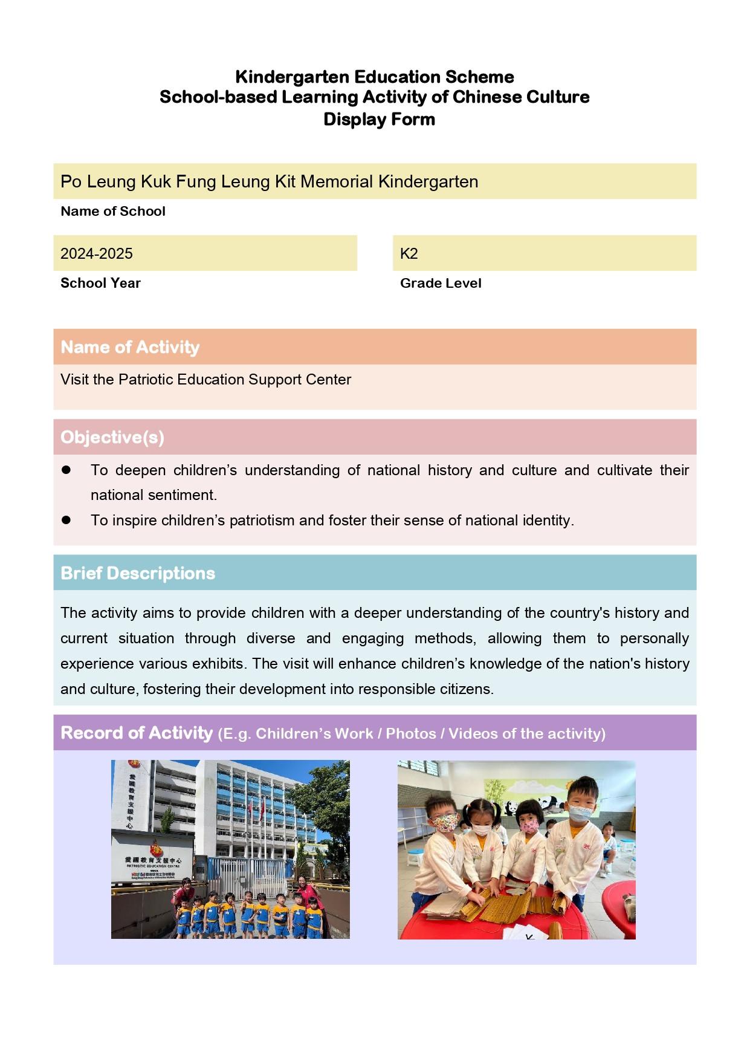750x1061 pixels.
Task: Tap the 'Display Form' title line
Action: pos(379,119)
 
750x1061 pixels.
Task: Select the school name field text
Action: pos(269,181)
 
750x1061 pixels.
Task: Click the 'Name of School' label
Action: pos(113,211)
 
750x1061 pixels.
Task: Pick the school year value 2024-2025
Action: pos(97,253)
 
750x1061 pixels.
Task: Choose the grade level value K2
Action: pos(409,253)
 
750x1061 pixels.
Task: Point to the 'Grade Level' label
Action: pos(441,283)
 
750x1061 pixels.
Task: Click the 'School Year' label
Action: pos(100,283)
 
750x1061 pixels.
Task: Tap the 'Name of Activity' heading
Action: pos(130,347)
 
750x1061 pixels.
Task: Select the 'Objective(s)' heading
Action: pos(112,437)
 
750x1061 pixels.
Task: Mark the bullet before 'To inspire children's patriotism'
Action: pos(66,520)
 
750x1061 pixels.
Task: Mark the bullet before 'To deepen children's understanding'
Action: pos(66,470)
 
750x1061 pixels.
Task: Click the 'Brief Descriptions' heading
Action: pos(138,573)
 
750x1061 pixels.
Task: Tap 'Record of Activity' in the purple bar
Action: pos(137,733)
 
